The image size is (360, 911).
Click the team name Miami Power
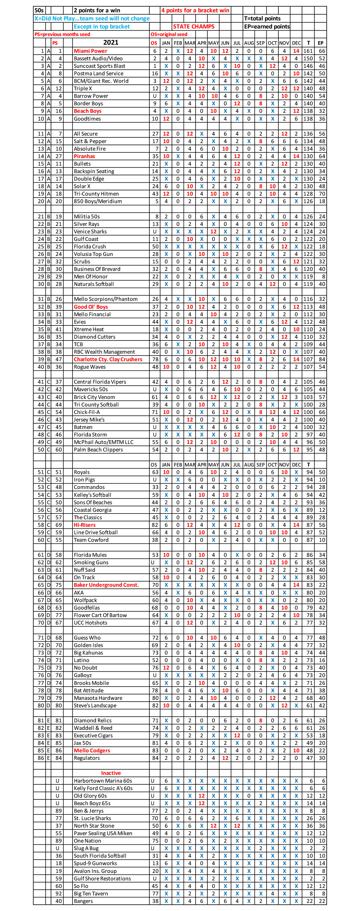coord(90,51)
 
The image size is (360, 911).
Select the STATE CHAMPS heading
coord(193,26)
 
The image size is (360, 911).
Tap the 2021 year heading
coord(111,42)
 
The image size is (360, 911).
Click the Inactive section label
coord(111,773)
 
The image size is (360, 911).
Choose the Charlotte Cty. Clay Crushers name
coord(108,359)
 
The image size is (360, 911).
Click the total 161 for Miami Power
coord(308,51)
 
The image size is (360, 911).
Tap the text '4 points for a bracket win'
coord(195,10)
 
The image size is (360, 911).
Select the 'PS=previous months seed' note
coord(62,34)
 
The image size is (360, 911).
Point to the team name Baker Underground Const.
coord(106,585)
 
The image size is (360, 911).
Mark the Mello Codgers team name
coord(91,751)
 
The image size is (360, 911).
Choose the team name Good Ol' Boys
coord(91,307)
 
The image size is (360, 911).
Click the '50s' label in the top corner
coord(39,10)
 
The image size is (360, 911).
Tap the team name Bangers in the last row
coord(83,901)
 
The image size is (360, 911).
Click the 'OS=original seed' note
coord(168,34)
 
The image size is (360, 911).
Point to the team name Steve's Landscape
coord(95,705)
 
